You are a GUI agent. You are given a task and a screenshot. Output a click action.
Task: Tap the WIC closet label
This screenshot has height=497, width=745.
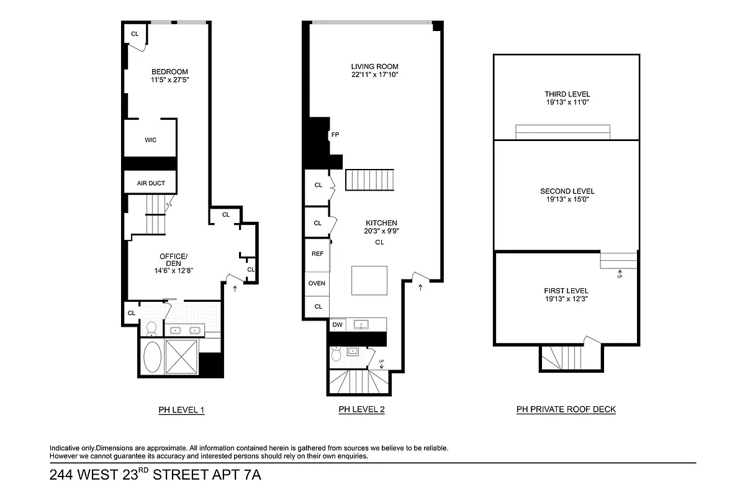pyautogui.click(x=151, y=140)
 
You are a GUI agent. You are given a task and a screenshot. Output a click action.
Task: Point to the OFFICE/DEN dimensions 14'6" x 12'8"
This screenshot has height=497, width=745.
pyautogui.click(x=173, y=270)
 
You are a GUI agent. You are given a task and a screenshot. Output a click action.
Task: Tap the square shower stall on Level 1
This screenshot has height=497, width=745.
pyautogui.click(x=181, y=357)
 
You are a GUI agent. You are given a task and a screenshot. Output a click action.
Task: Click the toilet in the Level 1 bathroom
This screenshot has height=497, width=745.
pyautogui.click(x=151, y=328)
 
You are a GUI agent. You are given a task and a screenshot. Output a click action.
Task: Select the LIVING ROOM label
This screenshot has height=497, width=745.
pyautogui.click(x=374, y=66)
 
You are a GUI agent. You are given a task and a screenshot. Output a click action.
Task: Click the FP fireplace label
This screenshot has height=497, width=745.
pyautogui.click(x=335, y=135)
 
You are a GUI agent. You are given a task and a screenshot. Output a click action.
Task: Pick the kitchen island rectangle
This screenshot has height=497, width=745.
pyautogui.click(x=369, y=280)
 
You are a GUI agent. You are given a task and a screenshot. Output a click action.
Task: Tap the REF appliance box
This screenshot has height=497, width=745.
pyautogui.click(x=317, y=253)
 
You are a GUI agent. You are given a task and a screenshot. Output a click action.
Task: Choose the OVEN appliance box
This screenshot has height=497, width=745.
pyautogui.click(x=317, y=283)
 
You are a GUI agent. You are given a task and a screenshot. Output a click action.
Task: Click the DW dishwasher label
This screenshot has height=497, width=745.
pyautogui.click(x=337, y=324)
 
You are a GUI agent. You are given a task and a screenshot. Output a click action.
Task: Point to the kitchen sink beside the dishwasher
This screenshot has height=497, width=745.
pyautogui.click(x=360, y=324)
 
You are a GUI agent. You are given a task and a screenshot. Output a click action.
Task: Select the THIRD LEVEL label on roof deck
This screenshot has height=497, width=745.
pyautogui.click(x=566, y=94)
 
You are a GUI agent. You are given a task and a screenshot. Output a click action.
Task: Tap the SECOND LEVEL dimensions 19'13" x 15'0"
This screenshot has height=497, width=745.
pyautogui.click(x=567, y=200)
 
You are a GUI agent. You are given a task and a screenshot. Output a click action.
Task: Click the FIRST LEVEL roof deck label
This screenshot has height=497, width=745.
pyautogui.click(x=566, y=291)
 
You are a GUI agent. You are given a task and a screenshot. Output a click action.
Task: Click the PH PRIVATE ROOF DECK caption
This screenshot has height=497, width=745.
pyautogui.click(x=566, y=409)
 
